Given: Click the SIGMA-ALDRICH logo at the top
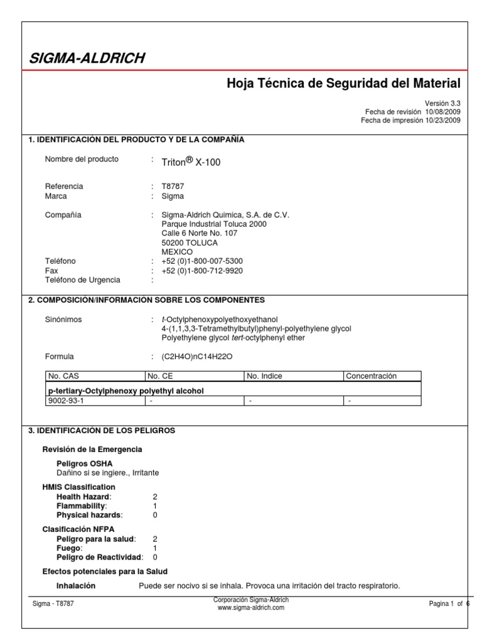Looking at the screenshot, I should click(87, 59).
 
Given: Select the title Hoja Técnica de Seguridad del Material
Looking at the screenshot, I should click(343, 84).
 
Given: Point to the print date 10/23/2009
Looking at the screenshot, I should click(442, 121).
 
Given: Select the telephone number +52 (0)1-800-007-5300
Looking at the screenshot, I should click(201, 261).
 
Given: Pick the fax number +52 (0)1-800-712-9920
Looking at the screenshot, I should click(201, 271).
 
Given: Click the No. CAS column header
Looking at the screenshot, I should click(63, 376).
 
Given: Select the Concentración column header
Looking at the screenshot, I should click(372, 376).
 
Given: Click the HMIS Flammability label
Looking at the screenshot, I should click(82, 505).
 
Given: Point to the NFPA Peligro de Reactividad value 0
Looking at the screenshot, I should click(155, 557).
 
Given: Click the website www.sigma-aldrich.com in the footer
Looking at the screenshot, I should click(251, 608).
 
